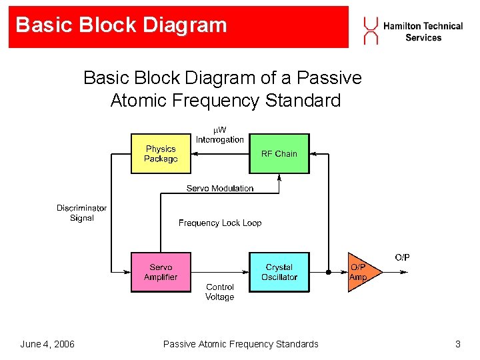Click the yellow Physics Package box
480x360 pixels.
click(161, 154)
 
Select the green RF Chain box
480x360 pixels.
click(279, 154)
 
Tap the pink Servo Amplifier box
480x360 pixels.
click(161, 272)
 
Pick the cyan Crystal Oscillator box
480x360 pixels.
click(279, 272)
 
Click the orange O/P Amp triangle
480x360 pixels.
click(361, 272)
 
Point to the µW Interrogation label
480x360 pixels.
click(220, 135)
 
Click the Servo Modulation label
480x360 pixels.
click(220, 189)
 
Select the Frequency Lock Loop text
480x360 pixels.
click(220, 223)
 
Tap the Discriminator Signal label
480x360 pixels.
click(81, 213)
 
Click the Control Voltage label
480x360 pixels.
click(219, 292)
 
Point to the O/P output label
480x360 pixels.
click(402, 257)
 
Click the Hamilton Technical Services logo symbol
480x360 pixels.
click(371, 31)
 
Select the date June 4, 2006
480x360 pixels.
click(47, 344)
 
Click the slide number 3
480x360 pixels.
click(457, 344)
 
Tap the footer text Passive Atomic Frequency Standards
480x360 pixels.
click(241, 344)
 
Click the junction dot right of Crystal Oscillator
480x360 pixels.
click(328, 272)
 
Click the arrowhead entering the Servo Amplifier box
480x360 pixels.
click(127, 272)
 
